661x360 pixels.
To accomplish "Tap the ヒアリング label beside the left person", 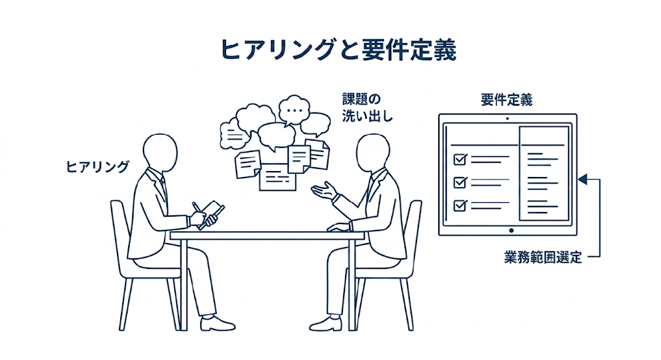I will pyautogui.click(x=98, y=166).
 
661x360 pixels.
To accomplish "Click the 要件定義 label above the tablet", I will pyautogui.click(x=507, y=100).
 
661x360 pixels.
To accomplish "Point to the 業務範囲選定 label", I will pyautogui.click(x=543, y=258).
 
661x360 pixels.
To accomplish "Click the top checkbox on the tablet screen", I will pyautogui.click(x=460, y=159).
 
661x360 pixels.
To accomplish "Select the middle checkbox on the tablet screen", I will pyautogui.click(x=460, y=182).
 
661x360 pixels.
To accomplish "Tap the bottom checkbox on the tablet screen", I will pyautogui.click(x=460, y=204).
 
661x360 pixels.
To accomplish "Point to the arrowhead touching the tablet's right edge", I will pyautogui.click(x=582, y=178).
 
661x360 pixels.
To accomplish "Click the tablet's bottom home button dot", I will pyautogui.click(x=510, y=231).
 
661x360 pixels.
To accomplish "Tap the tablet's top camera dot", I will pyautogui.click(x=507, y=119).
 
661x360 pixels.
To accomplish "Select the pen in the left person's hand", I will pyautogui.click(x=198, y=210).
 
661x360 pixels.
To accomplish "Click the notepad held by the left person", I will pyautogui.click(x=213, y=212).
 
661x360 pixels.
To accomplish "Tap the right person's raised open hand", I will pyautogui.click(x=324, y=192).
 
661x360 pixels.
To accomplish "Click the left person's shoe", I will pyautogui.click(x=217, y=323).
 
